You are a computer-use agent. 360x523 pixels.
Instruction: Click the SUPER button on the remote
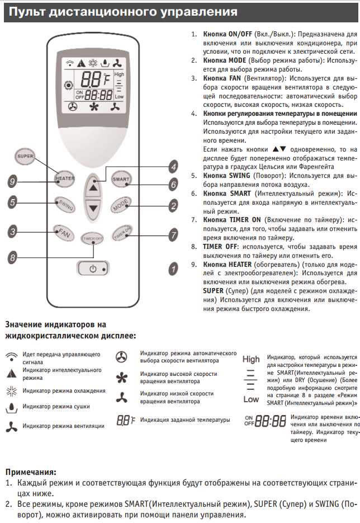coord(25,156)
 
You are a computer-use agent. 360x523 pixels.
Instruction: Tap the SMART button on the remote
coord(121,179)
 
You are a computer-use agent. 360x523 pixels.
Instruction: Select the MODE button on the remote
coord(121,205)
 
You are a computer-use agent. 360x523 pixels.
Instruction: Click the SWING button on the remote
coord(65,204)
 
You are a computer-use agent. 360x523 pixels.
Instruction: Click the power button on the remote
coord(93,269)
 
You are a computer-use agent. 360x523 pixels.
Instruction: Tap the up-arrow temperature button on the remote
coord(93,187)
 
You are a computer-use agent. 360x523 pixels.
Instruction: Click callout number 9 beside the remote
coord(12,180)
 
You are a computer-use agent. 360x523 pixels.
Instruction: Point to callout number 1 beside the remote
coord(173,269)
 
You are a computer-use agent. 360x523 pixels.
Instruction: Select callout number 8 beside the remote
coord(12,257)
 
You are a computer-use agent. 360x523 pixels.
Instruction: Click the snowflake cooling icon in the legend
coord(11,390)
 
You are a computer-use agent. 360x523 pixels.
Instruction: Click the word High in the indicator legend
coord(251,360)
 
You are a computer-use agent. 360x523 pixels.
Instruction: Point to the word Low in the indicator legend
coord(251,399)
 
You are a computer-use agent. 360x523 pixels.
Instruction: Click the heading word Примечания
coord(30,472)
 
